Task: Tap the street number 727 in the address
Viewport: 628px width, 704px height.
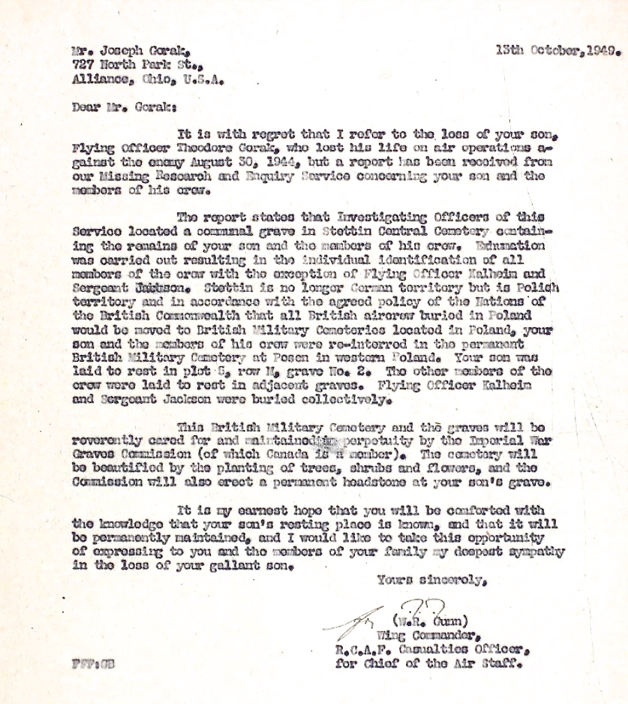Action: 81,65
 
